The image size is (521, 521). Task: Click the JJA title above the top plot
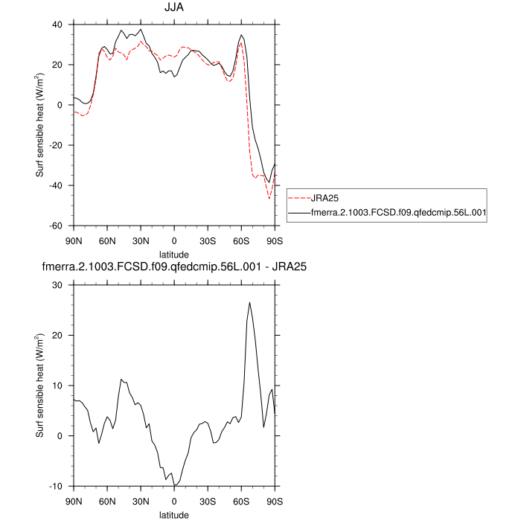174,8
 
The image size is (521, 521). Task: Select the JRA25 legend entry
325,199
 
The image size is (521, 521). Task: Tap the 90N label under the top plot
74,240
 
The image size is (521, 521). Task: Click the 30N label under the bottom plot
141,501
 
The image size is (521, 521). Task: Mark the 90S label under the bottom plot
275,501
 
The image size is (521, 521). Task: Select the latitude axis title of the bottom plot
174,514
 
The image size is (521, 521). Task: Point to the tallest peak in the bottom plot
250,302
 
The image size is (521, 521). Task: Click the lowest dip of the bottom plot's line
175,485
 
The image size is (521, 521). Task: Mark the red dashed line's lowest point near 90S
269,199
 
